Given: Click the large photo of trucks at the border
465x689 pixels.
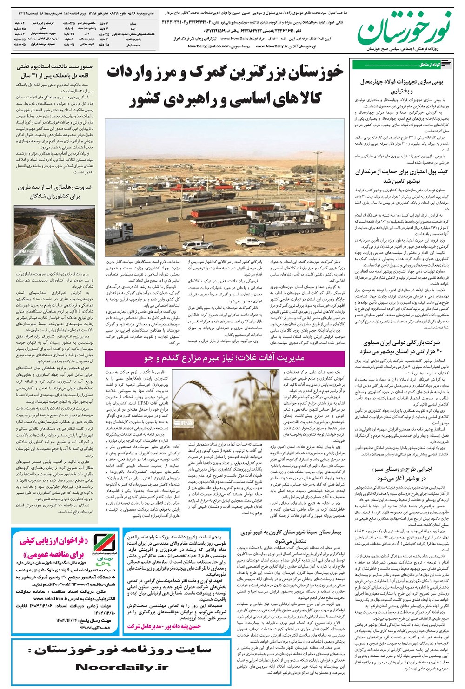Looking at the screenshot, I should pyautogui.click(x=225, y=186).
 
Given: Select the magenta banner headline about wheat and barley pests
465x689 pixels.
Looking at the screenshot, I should pyautogui.click(x=225, y=357).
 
